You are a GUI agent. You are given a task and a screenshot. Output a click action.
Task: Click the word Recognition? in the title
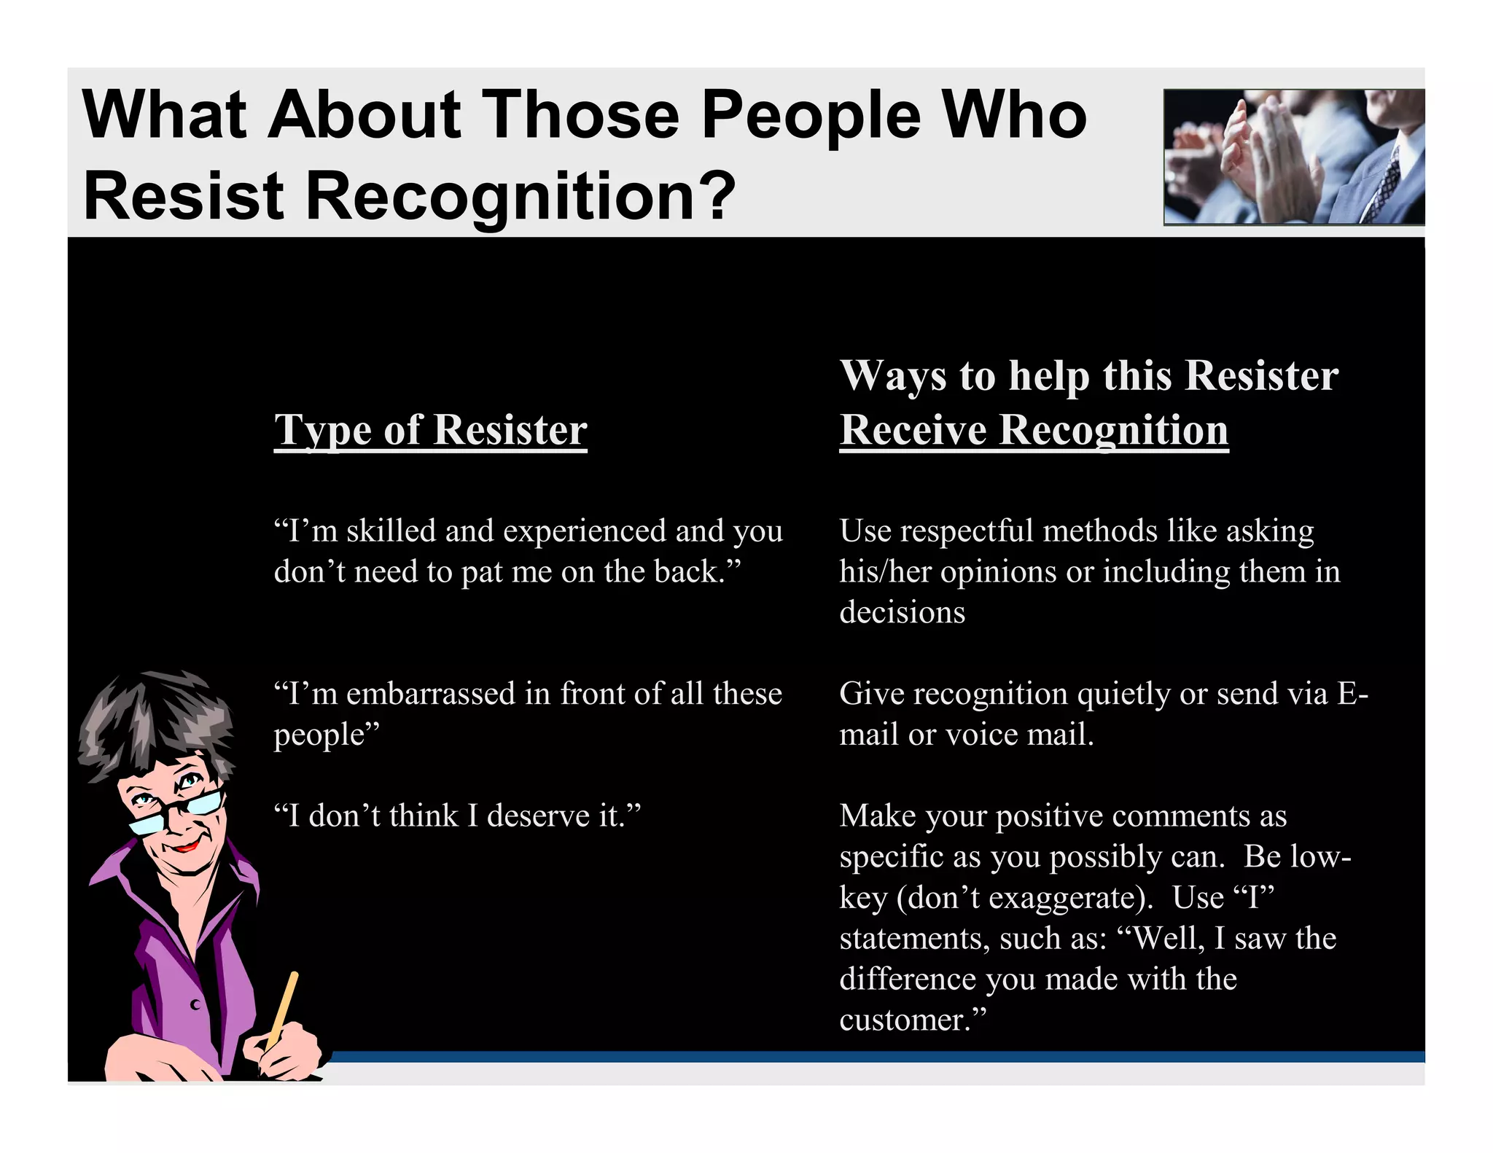[520, 195]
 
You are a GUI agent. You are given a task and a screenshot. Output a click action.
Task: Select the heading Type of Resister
[430, 430]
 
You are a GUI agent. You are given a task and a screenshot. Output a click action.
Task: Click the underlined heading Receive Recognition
[1034, 430]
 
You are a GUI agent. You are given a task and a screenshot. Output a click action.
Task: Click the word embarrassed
[431, 693]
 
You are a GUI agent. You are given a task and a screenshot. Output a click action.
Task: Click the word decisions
[902, 612]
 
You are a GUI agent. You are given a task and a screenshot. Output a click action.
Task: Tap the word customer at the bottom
[904, 1020]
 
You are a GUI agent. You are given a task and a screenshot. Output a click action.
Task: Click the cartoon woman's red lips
[185, 847]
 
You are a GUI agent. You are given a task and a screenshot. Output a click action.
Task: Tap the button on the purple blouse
[195, 1005]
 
